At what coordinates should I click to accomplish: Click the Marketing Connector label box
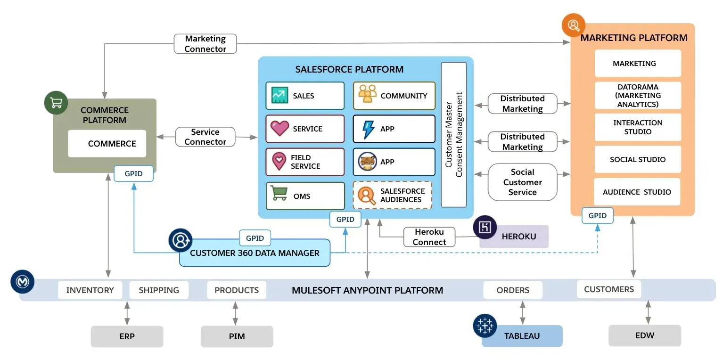click(205, 44)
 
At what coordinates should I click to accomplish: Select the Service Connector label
click(205, 137)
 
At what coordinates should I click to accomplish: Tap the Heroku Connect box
click(429, 237)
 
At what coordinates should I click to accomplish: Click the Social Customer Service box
click(522, 182)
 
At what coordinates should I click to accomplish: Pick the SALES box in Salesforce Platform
click(305, 96)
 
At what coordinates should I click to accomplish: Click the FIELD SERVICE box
click(305, 162)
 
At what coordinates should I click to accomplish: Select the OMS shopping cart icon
click(279, 193)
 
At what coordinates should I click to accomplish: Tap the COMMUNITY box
click(394, 96)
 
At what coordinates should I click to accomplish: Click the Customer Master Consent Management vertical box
click(453, 135)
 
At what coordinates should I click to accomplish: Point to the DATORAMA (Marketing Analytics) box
click(638, 96)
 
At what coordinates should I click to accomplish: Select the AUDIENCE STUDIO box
click(637, 192)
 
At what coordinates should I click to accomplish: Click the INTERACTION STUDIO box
click(638, 127)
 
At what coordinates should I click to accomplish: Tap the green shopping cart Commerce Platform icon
click(56, 103)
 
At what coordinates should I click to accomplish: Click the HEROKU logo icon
click(485, 228)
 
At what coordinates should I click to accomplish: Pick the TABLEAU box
click(522, 336)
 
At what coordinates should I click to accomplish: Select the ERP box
click(127, 336)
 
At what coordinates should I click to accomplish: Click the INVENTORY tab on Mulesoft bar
click(90, 290)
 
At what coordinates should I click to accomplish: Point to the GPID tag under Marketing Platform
click(598, 216)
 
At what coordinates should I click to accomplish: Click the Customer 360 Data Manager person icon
click(181, 240)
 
